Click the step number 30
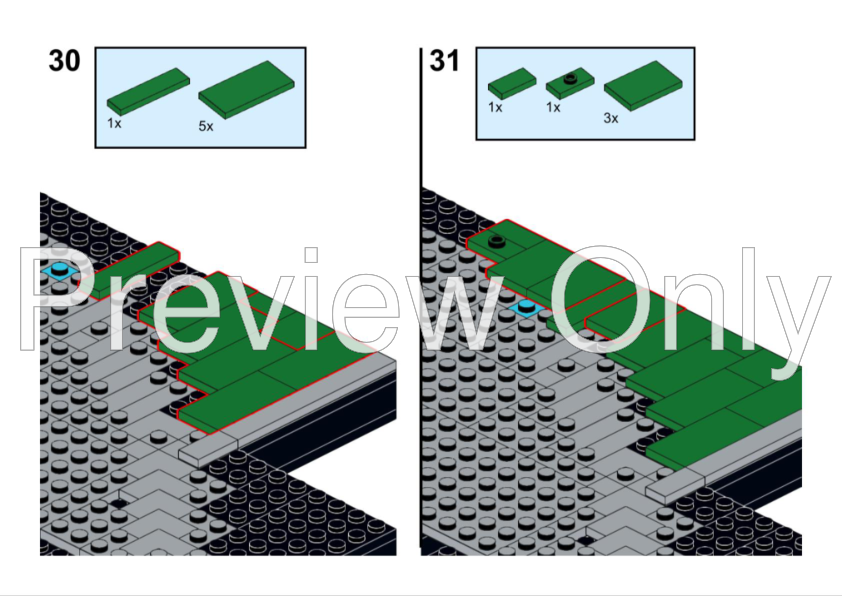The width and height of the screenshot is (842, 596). (64, 61)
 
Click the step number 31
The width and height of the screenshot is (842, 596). (445, 61)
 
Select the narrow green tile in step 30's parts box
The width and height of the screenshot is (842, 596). (148, 91)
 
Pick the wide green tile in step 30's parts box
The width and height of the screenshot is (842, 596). (246, 89)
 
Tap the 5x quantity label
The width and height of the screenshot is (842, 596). (206, 126)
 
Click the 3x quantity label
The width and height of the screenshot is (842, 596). (611, 118)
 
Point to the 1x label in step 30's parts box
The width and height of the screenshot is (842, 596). (114, 123)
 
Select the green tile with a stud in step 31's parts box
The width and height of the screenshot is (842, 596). (570, 83)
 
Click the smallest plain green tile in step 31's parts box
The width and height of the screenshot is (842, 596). (512, 83)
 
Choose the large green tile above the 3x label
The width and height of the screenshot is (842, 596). (643, 86)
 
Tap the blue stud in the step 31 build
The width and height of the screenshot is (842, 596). (526, 308)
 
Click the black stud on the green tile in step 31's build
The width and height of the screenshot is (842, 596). (497, 241)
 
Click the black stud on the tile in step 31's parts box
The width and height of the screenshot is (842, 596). (570, 79)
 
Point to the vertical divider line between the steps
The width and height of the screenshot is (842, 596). (421, 298)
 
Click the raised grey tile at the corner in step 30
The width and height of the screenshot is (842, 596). (208, 450)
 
